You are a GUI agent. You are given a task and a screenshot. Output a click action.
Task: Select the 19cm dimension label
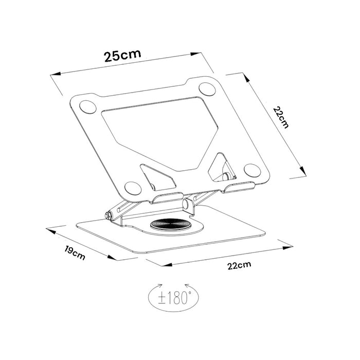click(76, 253)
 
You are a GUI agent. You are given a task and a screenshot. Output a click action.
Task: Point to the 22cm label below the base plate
click(239, 265)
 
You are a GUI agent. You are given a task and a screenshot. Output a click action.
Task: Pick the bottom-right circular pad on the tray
click(252, 170)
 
